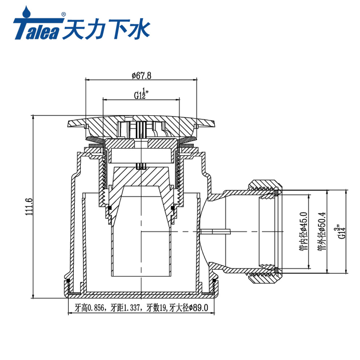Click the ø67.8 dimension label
pos(141,75)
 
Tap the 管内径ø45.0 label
pos(303,231)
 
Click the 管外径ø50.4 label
pos(322,231)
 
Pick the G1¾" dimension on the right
pos(341,231)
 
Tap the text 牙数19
pos(156,308)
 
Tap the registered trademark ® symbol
pos(63,15)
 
